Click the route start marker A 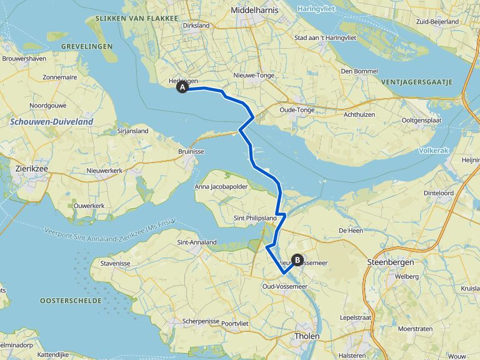click(x=182, y=88)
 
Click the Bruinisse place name click(x=191, y=152)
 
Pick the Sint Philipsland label click(x=254, y=217)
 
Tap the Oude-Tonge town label click(x=297, y=111)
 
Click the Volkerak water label click(x=432, y=151)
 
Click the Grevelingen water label click(x=86, y=46)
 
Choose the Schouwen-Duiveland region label click(x=51, y=122)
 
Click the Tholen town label click(x=307, y=336)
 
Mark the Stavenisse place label click(x=114, y=264)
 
